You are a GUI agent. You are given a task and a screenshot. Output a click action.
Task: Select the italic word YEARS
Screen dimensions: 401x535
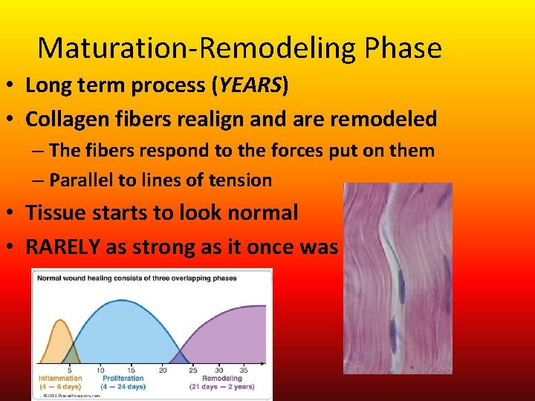[x=247, y=85]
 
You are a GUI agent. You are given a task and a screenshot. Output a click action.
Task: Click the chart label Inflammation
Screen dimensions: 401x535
[x=59, y=378]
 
